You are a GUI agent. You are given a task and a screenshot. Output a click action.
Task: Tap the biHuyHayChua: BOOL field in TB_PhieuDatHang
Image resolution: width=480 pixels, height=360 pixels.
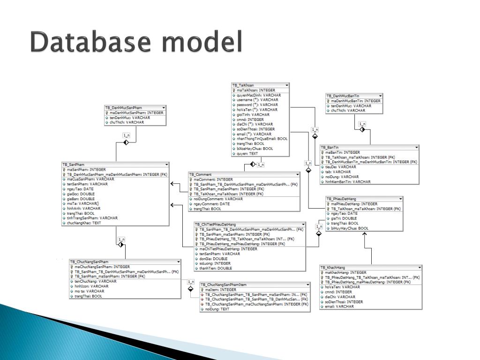click(x=350, y=228)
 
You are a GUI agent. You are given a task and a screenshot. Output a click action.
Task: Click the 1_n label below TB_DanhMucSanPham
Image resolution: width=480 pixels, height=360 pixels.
click(x=126, y=135)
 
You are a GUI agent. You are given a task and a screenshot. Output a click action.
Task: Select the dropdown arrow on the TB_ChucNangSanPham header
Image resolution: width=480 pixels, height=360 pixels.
click(x=178, y=262)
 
